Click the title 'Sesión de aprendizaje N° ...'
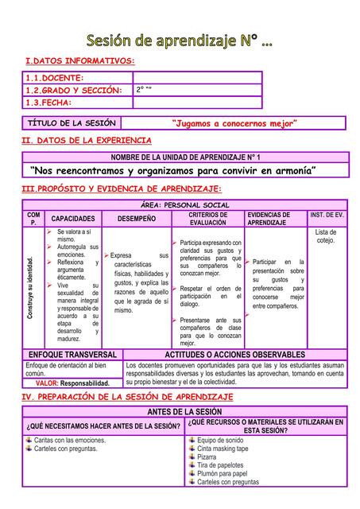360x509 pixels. point(179,39)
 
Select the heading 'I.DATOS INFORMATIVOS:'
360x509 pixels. point(79,61)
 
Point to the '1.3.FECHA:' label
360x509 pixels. point(49,103)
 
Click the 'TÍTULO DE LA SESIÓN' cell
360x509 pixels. point(72,123)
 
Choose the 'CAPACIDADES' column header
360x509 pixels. point(73,218)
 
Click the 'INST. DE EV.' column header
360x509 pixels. point(327,215)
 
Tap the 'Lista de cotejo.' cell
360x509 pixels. point(326,236)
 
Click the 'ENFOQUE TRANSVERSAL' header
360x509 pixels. point(72,354)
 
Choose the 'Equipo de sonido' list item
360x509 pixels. point(220,440)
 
